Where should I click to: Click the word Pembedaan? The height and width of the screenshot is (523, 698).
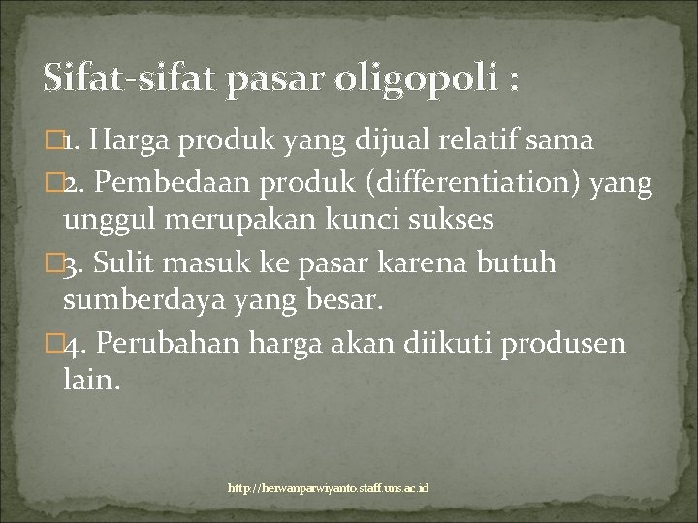coord(171,181)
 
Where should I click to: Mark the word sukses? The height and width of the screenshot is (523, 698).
coord(454,220)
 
